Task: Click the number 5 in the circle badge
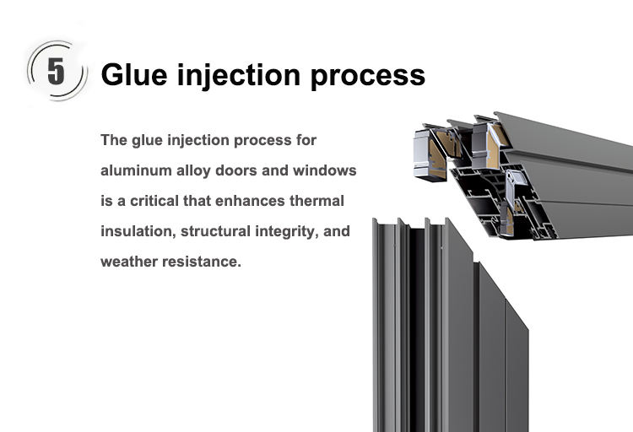[56, 72]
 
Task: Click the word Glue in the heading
[133, 74]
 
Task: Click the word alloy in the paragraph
[197, 170]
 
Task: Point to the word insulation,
[135, 231]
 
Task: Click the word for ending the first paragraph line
[306, 140]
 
